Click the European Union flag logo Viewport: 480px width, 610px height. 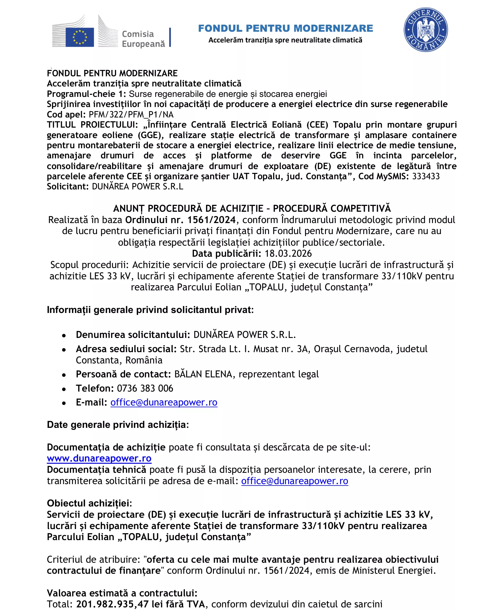click(x=80, y=37)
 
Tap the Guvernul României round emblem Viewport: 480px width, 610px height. click(x=425, y=30)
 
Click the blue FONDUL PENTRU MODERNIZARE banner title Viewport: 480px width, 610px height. click(x=285, y=28)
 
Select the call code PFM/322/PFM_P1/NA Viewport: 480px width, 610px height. click(x=131, y=115)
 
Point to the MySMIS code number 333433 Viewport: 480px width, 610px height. click(x=426, y=176)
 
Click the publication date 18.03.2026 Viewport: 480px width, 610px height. click(x=288, y=254)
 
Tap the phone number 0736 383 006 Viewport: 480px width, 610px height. click(x=145, y=388)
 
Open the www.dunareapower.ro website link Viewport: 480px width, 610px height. click(x=99, y=458)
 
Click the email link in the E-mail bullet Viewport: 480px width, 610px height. click(x=164, y=402)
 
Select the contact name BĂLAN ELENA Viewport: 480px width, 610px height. click(x=203, y=374)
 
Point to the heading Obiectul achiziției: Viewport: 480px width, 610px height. click(x=89, y=503)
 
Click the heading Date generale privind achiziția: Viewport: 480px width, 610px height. click(x=118, y=425)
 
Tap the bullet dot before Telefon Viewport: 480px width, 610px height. click(x=64, y=389)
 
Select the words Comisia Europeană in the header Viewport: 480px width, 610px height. click(x=143, y=39)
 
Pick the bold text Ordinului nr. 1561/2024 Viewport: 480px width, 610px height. click(x=180, y=220)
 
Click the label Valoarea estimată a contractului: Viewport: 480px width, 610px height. click(x=122, y=593)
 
